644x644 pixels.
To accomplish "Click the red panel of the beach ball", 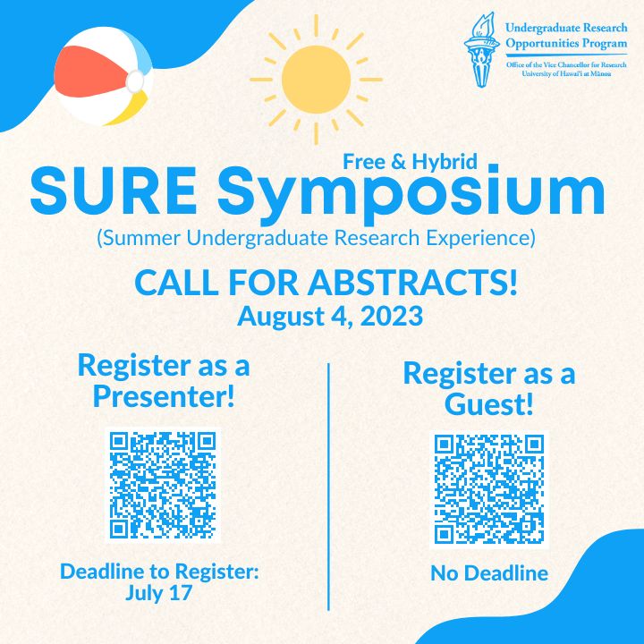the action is point(89,72).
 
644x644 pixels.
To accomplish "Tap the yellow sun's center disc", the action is point(316,80).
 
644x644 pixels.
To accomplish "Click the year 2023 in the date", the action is point(392,317).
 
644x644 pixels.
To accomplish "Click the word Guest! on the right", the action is point(488,404).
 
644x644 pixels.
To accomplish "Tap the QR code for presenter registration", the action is point(163,485).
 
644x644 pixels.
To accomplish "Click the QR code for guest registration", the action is point(488,489).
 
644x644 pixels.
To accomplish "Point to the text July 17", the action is point(158,593).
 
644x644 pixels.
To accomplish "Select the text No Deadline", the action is point(489,573).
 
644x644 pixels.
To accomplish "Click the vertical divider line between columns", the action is point(328,487).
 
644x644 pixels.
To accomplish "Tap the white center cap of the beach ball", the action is point(135,81).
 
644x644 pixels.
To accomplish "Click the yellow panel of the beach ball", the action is point(128,108).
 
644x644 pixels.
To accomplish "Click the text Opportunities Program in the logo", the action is point(566,44).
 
